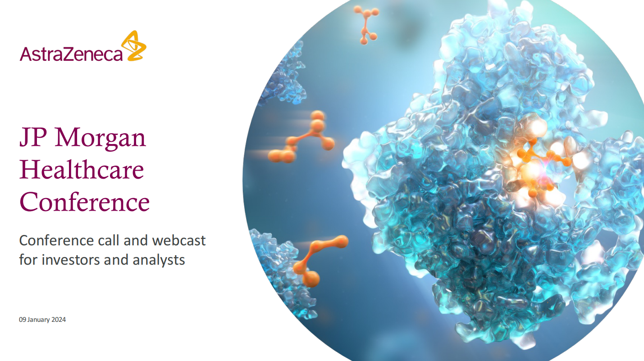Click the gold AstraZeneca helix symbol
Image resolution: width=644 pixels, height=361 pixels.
(134, 46)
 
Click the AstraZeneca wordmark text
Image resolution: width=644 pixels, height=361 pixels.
(71, 54)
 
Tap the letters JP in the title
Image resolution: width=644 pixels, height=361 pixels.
(33, 138)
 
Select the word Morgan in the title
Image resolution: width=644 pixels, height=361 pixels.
(100, 139)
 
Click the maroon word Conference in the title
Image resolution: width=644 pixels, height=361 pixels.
(85, 202)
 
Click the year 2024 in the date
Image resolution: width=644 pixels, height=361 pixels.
(59, 320)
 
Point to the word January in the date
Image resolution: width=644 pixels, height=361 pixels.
(38, 320)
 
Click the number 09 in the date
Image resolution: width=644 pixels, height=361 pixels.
(23, 320)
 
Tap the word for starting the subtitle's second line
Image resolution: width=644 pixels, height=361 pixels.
(29, 260)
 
